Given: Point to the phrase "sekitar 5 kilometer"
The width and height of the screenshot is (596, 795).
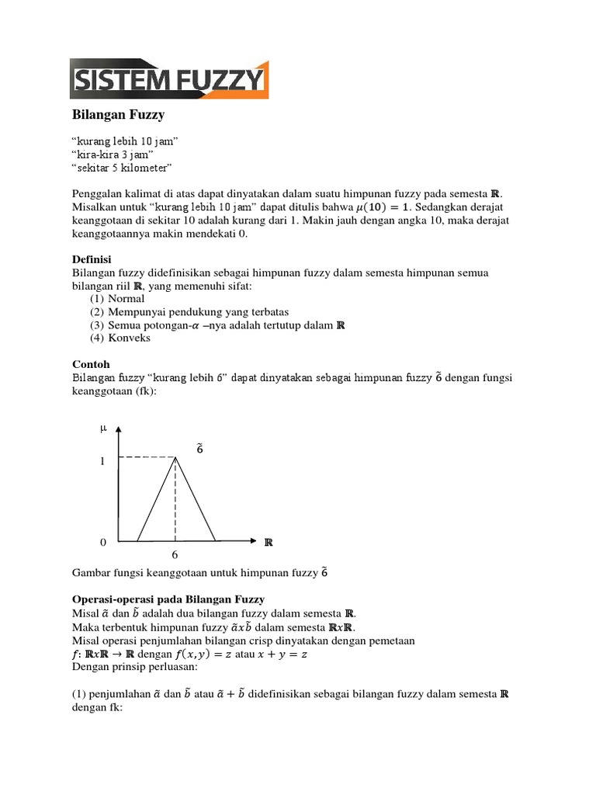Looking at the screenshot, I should (122, 168).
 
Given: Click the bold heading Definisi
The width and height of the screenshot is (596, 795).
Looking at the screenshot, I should (92, 259).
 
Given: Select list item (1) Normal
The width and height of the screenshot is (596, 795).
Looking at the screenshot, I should (117, 298).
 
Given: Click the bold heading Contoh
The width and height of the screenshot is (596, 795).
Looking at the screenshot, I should (91, 363).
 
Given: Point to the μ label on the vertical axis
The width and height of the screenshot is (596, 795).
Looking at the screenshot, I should (102, 428).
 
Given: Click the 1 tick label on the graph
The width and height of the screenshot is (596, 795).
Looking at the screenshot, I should (102, 461).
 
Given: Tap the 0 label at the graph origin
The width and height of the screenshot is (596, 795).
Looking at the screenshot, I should (102, 541).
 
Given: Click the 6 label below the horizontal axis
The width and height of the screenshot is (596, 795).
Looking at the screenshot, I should (175, 555).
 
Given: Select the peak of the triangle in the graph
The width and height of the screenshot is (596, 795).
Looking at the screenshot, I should (176, 458).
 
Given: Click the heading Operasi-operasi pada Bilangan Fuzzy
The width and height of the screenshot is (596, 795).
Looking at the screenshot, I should (168, 599).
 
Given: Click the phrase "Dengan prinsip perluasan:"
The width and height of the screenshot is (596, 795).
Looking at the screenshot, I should (136, 667).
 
